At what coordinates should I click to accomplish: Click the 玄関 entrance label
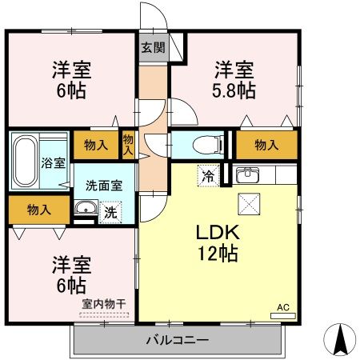point(153,47)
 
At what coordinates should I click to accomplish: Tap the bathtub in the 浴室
point(26,161)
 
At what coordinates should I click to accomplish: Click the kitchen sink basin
point(248,174)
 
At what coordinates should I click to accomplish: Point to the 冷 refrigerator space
point(208,176)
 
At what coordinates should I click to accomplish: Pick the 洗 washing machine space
point(110,212)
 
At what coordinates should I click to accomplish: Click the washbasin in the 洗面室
point(86,207)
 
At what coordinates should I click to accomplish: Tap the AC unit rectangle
point(283,316)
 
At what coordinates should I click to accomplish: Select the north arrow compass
point(340,339)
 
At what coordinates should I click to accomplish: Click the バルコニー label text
point(178,340)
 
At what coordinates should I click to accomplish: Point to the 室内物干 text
point(104,304)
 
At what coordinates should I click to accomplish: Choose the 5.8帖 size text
point(234,90)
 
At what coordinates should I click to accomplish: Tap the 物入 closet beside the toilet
point(266,145)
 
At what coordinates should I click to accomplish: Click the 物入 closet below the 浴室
point(39,210)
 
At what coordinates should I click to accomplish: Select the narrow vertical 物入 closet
point(128,145)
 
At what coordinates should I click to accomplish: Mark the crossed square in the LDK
point(249,204)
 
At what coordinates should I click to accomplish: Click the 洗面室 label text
point(104,186)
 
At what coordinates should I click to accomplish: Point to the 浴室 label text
point(54,163)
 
